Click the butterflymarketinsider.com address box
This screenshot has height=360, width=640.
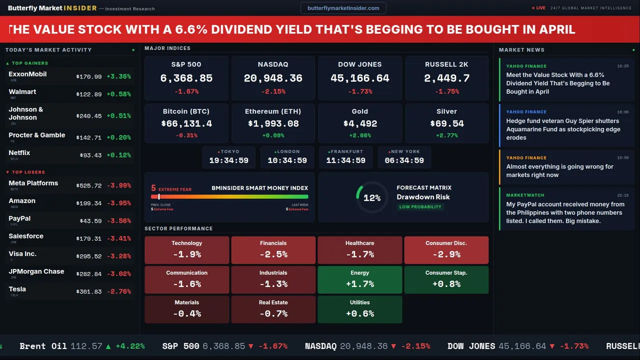[x=343, y=8]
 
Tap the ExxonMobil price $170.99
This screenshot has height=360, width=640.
[x=89, y=77]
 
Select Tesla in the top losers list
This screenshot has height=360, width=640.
[x=17, y=289]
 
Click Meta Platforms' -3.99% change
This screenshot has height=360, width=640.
[x=119, y=185]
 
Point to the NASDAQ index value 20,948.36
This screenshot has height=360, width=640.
[x=273, y=78]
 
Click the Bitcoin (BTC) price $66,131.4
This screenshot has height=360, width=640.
[x=186, y=123]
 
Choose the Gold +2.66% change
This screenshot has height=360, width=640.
[x=359, y=135]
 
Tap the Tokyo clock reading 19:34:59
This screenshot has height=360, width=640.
[x=228, y=160]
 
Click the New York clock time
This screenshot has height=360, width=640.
[x=404, y=160]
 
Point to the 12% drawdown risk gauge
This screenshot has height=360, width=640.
[x=372, y=198]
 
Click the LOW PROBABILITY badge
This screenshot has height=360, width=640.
[x=420, y=207]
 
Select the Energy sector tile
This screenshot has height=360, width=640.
[x=359, y=279]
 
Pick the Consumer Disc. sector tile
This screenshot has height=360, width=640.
[x=446, y=249]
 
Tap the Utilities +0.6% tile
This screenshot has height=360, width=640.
[x=359, y=309]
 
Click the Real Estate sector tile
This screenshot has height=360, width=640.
[x=273, y=309]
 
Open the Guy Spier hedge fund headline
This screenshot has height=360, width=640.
[x=562, y=129]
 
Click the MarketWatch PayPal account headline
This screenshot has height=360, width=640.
[x=565, y=212]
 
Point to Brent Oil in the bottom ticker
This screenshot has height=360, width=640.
[x=43, y=346]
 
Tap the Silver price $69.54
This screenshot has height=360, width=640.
[x=446, y=123]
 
